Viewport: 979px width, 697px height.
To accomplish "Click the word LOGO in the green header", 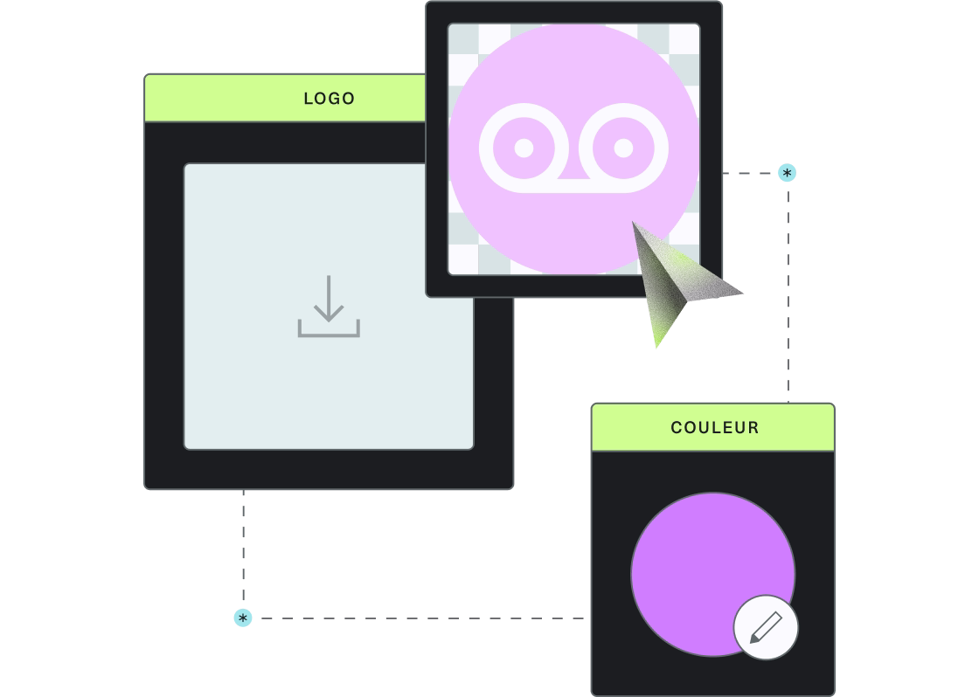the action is point(329,99).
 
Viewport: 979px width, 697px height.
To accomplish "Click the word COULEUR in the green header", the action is point(715,427).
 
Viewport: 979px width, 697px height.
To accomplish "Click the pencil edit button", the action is point(766,627).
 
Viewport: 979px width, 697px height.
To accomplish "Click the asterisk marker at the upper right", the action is point(787,173).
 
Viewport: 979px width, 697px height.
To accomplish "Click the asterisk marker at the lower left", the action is point(243,618).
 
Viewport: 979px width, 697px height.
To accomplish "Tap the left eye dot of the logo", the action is point(524,148).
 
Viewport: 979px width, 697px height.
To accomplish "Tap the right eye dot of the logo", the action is point(624,148).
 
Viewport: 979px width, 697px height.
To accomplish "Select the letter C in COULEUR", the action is point(677,427).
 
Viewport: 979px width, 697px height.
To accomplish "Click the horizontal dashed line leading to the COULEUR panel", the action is point(423,618).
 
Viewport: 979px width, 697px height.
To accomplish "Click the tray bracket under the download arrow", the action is point(329,329).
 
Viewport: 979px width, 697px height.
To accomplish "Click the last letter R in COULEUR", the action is point(754,427).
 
